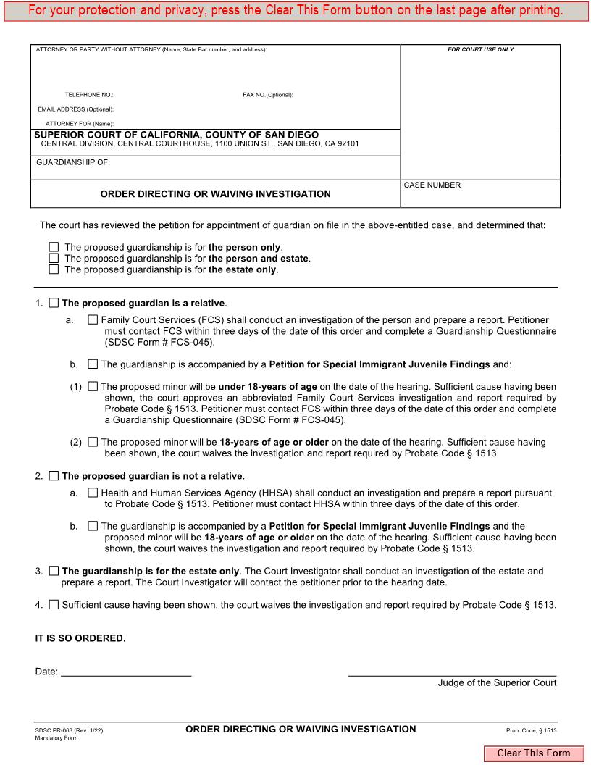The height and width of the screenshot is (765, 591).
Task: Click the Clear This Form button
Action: pyautogui.click(x=533, y=753)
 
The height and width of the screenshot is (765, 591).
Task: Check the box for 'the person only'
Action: pyautogui.click(x=54, y=247)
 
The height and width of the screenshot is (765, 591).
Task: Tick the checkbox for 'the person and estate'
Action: pyautogui.click(x=54, y=258)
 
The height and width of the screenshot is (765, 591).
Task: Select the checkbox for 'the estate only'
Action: pyautogui.click(x=54, y=269)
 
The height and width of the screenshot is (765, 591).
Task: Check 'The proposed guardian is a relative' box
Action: pyautogui.click(x=54, y=303)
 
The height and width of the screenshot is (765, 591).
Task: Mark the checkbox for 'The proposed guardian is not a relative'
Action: pyautogui.click(x=54, y=476)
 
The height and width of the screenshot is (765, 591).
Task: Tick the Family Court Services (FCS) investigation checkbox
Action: pyautogui.click(x=93, y=319)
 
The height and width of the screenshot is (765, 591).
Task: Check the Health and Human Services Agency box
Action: pyautogui.click(x=93, y=493)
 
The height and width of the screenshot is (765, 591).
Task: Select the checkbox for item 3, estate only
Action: pyautogui.click(x=54, y=571)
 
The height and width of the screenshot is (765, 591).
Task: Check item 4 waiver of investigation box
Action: pyautogui.click(x=54, y=605)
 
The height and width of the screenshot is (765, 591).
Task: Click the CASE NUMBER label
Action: pyautogui.click(x=432, y=185)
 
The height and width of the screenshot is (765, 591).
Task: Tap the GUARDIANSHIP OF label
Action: pyautogui.click(x=73, y=163)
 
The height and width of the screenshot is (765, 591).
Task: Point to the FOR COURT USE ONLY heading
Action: pyautogui.click(x=480, y=50)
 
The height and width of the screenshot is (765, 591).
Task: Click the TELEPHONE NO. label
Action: pyautogui.click(x=89, y=95)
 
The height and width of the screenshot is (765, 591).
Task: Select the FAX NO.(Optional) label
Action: pyautogui.click(x=267, y=95)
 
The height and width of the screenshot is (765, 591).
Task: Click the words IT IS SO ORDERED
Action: pyautogui.click(x=80, y=638)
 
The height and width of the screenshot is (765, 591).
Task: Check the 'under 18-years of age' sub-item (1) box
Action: pyautogui.click(x=93, y=387)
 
